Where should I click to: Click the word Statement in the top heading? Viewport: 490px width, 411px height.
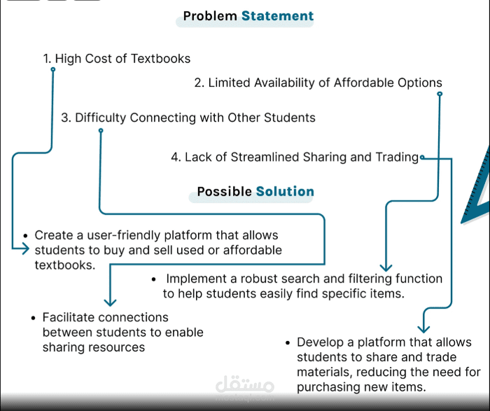277,16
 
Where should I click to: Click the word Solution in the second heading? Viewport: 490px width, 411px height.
285,191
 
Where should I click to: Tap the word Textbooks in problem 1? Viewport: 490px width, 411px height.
160,58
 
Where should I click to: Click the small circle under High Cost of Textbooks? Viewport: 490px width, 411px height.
53,69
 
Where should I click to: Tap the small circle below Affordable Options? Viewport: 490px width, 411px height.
440,94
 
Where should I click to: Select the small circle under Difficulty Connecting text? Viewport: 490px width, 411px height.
101,130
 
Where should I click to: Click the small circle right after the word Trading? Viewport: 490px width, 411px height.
422,158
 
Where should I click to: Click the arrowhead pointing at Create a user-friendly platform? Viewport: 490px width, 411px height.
26,249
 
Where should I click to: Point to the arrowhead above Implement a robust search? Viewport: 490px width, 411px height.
386,267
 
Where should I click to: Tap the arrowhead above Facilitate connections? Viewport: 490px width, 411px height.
110,302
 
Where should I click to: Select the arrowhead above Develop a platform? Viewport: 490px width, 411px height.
423,329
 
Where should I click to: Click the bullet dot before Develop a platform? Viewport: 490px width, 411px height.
288,343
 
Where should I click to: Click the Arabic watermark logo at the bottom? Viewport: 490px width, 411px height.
245,388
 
